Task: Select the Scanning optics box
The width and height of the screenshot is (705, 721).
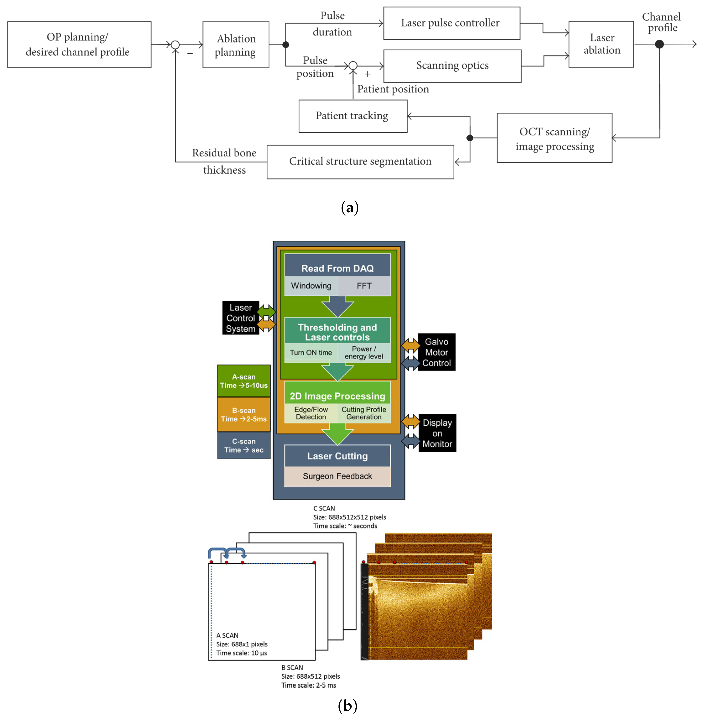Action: (452, 66)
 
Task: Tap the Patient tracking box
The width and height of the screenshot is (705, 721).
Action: (352, 116)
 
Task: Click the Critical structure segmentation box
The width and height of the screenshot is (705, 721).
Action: (360, 162)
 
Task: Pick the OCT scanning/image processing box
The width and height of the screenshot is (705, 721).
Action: (554, 138)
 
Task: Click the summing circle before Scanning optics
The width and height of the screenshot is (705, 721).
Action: (353, 66)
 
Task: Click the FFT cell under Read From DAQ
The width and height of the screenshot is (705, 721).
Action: (364, 286)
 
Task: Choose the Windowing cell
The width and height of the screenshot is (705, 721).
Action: (311, 286)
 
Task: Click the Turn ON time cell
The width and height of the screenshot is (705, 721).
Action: (311, 352)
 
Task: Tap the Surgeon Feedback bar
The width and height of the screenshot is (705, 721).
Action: (337, 476)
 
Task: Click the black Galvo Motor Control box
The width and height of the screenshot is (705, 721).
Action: (437, 352)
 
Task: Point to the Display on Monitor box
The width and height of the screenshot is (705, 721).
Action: (437, 433)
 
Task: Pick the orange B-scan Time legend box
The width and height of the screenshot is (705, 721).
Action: (244, 414)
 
